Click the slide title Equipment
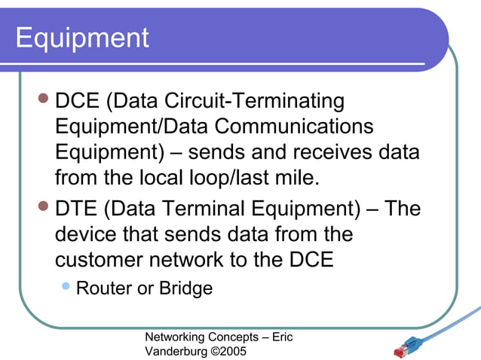[82, 38]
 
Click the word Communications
[296, 127]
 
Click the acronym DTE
[78, 209]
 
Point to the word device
[89, 234]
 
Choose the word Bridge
[185, 288]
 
